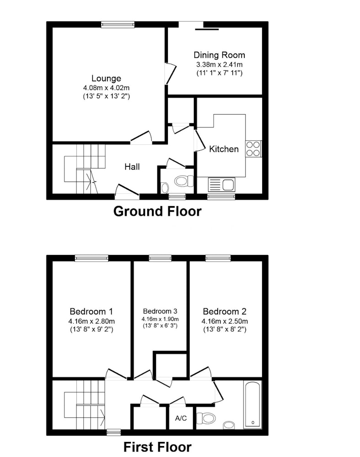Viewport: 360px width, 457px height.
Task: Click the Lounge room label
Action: [x=106, y=79]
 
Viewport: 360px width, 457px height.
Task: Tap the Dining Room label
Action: [x=220, y=55]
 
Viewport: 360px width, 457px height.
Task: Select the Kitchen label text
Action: [x=224, y=149]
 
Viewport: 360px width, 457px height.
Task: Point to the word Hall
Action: [x=132, y=167]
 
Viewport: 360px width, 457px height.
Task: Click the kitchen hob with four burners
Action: [x=253, y=149]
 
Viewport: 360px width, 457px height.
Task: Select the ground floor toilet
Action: [x=184, y=181]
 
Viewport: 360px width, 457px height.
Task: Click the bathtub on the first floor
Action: [x=253, y=404]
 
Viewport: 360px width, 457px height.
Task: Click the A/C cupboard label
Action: [x=181, y=418]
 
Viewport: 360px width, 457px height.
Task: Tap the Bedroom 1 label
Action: [x=91, y=312]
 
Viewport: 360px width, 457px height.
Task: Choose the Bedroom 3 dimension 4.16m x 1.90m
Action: [x=160, y=319]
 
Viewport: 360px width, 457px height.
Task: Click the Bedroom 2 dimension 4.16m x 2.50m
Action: [x=225, y=321]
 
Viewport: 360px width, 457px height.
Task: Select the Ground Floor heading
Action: [x=157, y=212]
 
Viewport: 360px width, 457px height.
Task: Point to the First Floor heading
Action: [x=157, y=447]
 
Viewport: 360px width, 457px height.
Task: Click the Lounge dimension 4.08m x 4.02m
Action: [x=107, y=87]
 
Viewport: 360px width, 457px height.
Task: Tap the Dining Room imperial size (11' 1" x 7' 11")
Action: [x=220, y=73]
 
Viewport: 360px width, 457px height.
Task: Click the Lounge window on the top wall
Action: [x=118, y=25]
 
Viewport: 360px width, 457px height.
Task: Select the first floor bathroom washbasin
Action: [x=229, y=425]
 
